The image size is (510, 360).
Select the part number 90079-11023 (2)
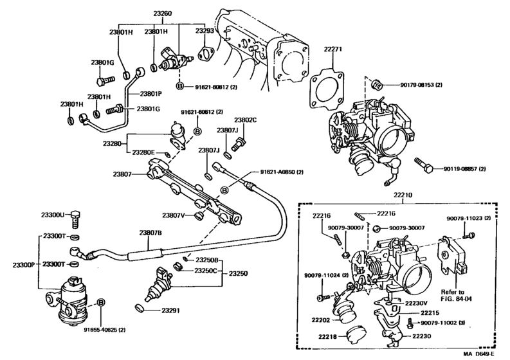[x=468, y=218]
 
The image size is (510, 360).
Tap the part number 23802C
[x=245, y=120]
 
